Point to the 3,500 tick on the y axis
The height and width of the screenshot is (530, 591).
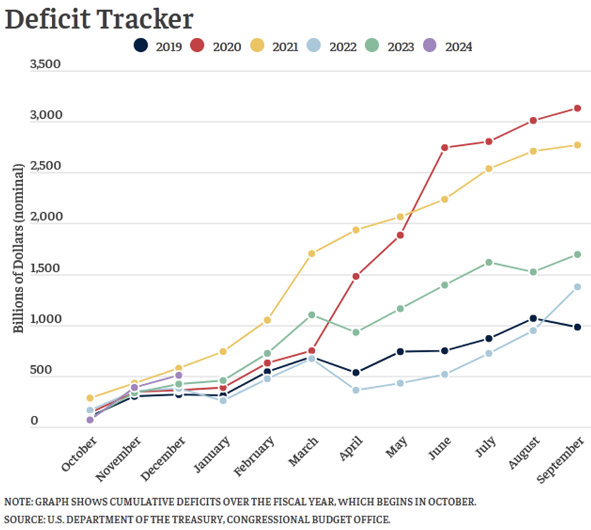click(x=46, y=65)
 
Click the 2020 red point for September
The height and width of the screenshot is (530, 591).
click(x=578, y=108)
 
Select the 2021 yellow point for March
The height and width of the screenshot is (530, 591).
click(x=311, y=254)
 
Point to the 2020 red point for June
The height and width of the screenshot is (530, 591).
click(x=445, y=147)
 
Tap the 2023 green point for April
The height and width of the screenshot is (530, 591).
click(x=356, y=332)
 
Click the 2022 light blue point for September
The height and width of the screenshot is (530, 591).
click(x=578, y=287)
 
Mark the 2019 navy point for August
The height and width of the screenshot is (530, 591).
click(x=533, y=318)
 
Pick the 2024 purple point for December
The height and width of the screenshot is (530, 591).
click(x=178, y=375)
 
